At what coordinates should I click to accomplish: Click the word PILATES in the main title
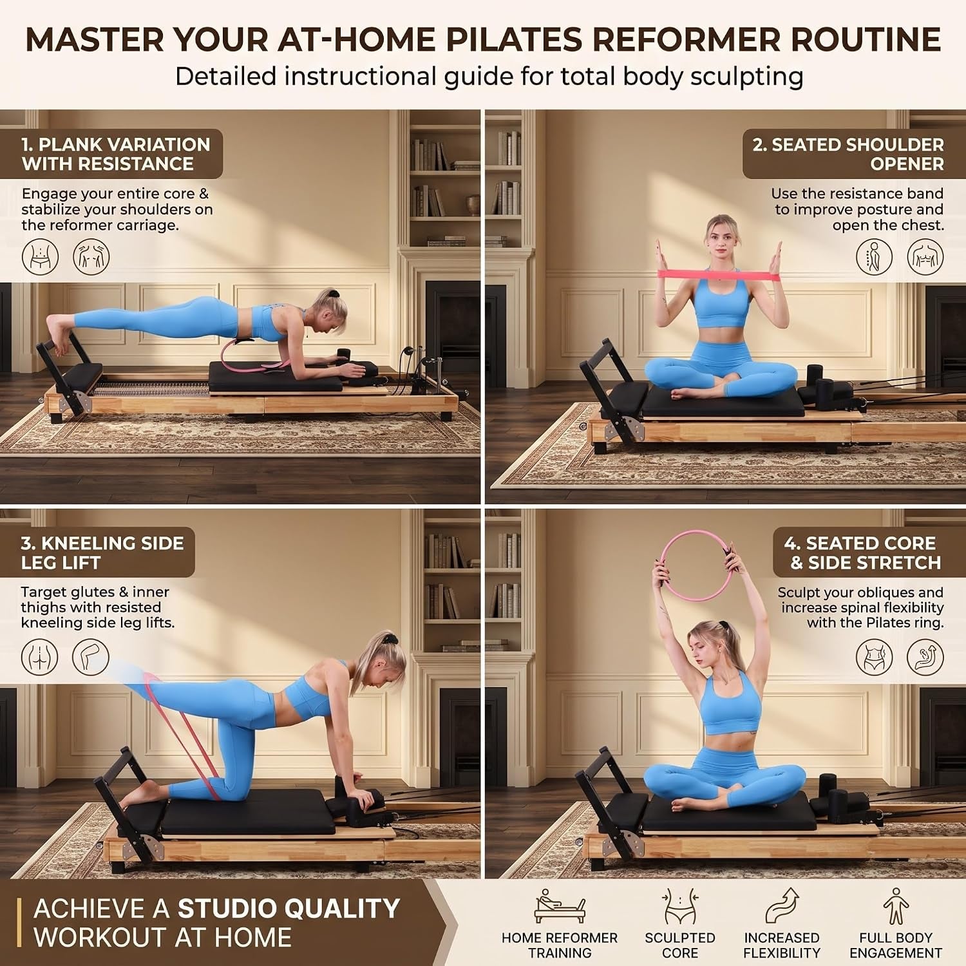513,39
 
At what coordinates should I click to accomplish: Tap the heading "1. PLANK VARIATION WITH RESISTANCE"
116,154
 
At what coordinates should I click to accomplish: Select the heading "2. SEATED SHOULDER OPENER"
848,154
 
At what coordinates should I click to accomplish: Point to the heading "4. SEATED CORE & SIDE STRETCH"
862,553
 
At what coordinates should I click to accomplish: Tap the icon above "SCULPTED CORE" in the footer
679,907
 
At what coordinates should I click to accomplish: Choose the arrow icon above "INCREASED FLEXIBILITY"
782,907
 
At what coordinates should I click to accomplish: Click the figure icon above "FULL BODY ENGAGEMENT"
896,907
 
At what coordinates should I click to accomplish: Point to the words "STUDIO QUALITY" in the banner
289,909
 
